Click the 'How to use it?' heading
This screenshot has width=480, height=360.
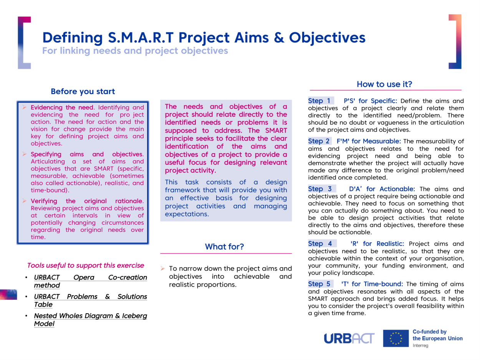tap(384, 84)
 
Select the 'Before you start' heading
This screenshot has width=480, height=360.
tap(83, 91)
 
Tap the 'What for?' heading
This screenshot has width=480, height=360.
tap(224, 246)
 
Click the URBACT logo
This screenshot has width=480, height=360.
tap(349, 339)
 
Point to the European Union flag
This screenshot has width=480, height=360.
tap(396, 338)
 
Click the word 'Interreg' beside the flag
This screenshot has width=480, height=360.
tap(420, 345)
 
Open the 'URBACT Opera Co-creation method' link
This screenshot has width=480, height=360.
tap(90, 281)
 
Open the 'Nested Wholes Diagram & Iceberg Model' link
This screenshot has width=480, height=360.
tap(90, 320)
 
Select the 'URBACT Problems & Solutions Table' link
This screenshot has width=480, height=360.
tap(90, 301)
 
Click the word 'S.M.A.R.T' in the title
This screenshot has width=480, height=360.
tap(141, 38)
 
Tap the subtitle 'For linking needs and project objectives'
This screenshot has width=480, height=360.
tap(135, 51)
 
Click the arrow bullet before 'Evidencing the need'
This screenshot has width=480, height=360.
tap(24, 107)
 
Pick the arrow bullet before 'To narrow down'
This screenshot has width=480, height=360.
tap(162, 268)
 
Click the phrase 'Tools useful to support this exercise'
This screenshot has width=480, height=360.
tap(86, 265)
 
